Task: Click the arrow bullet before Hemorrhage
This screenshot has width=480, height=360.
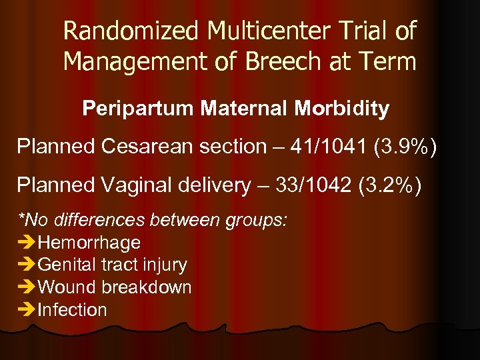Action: [x=27, y=243]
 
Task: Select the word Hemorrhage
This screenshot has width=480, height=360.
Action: [x=89, y=243]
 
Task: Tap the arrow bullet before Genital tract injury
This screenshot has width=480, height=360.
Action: [x=27, y=265]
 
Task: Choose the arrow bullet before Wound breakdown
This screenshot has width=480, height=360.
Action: [x=27, y=287]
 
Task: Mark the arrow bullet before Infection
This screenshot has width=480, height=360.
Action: [x=27, y=310]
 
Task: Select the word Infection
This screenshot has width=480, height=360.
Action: [x=73, y=310]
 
